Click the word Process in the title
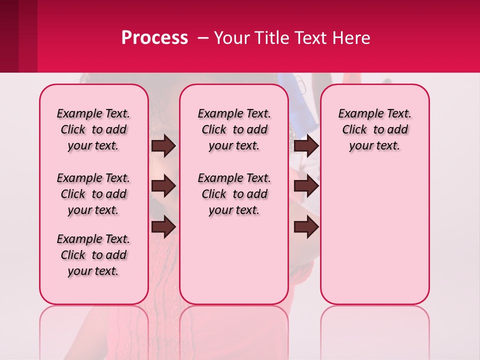click(x=154, y=37)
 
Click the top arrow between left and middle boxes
click(x=163, y=145)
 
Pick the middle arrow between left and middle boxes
click(x=163, y=186)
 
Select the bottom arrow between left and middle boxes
click(x=163, y=227)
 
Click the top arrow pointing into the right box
click(x=306, y=145)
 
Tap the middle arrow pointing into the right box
click(x=306, y=186)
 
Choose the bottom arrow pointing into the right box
click(x=306, y=227)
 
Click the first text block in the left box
click(x=93, y=129)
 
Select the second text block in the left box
click(x=93, y=194)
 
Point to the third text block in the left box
click(x=93, y=255)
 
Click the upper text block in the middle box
click(x=234, y=129)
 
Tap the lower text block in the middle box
click(x=234, y=194)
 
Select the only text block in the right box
click(x=374, y=129)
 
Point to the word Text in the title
click(x=313, y=38)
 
